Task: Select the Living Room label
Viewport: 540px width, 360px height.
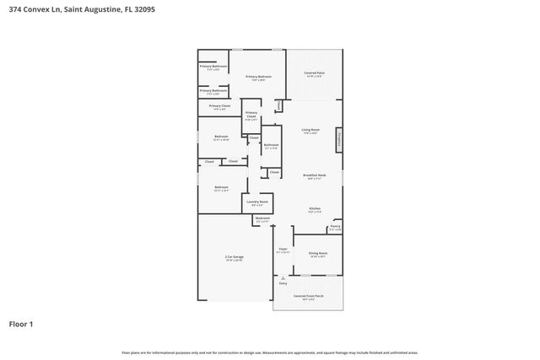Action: pos(310,129)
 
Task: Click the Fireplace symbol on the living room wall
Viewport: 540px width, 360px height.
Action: pos(339,137)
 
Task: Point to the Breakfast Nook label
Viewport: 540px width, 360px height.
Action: pos(314,175)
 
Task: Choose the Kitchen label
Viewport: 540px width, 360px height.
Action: pos(314,208)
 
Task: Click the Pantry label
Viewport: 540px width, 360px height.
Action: pos(335,226)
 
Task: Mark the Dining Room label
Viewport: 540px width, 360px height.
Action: pos(318,253)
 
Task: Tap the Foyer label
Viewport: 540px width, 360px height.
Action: pos(283,250)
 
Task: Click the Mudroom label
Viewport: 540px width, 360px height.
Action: pos(263,219)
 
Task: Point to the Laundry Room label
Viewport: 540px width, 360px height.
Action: pos(257,201)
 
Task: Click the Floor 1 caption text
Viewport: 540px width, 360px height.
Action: pos(21,324)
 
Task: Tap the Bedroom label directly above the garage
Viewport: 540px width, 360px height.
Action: pos(221,187)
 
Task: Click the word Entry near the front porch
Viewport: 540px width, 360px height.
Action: pos(283,283)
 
